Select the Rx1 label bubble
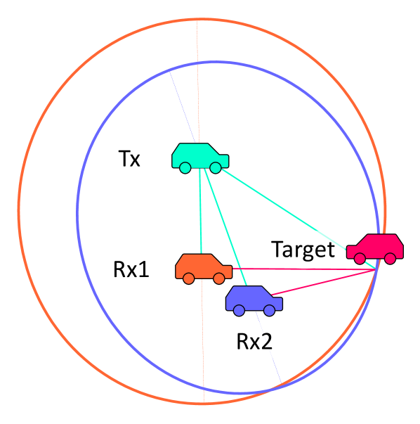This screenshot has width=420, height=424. pyautogui.click(x=131, y=268)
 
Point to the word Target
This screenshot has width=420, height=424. pyautogui.click(x=303, y=249)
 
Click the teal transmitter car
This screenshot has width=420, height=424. pyautogui.click(x=200, y=156)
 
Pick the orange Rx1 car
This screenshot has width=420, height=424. pyautogui.click(x=202, y=267)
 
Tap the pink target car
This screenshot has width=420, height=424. pyautogui.click(x=375, y=248)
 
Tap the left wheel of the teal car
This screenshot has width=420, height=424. pyautogui.click(x=185, y=167)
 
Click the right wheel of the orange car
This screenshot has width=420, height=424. pyautogui.click(x=218, y=278)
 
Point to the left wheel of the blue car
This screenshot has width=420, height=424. pyautogui.click(x=239, y=309)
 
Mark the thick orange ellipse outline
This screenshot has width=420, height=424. pyautogui.click(x=19, y=211)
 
